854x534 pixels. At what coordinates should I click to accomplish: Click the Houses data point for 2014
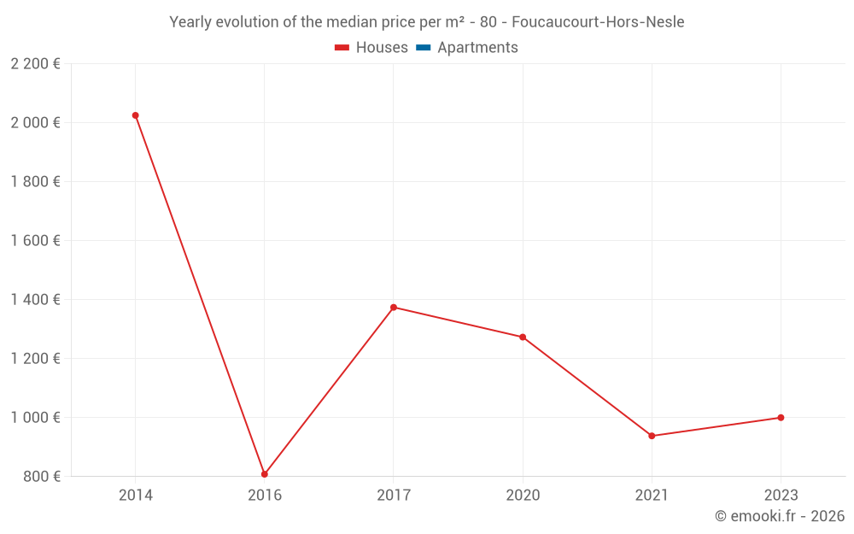(x=135, y=115)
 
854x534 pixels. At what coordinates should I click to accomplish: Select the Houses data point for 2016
(x=265, y=474)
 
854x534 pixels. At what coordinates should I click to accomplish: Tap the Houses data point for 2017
(x=394, y=308)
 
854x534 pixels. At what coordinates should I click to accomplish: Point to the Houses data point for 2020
(x=523, y=337)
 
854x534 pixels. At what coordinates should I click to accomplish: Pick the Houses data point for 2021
(x=652, y=436)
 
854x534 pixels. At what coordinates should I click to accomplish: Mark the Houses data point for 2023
(x=781, y=418)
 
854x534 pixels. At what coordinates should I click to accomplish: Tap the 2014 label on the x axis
(x=135, y=495)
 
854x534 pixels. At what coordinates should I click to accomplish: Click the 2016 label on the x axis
(x=265, y=495)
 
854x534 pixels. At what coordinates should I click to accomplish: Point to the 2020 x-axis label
(x=523, y=495)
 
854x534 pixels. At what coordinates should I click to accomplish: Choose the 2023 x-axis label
(x=781, y=495)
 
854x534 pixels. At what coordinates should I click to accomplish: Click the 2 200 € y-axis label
(x=35, y=64)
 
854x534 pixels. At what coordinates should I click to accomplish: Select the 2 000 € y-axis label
(x=35, y=123)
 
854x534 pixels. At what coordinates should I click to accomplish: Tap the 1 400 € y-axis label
(x=35, y=300)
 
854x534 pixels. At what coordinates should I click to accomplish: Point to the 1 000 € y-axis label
(x=35, y=418)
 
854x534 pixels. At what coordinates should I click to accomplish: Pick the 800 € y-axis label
(x=40, y=477)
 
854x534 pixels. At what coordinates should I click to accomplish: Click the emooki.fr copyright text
(x=780, y=516)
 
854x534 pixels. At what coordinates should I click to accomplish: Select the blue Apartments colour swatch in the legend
(x=424, y=48)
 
